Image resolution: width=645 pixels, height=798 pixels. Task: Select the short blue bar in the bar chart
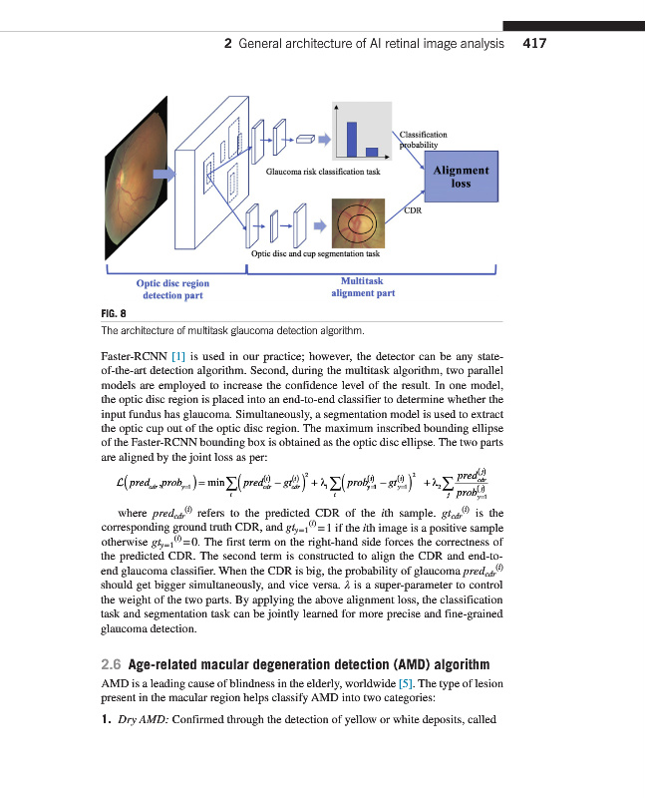tap(372, 151)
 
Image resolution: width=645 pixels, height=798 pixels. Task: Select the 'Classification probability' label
tap(423, 139)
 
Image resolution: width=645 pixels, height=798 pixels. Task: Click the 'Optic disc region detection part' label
tap(172, 289)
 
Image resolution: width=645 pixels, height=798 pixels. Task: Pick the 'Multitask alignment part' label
tap(362, 287)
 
